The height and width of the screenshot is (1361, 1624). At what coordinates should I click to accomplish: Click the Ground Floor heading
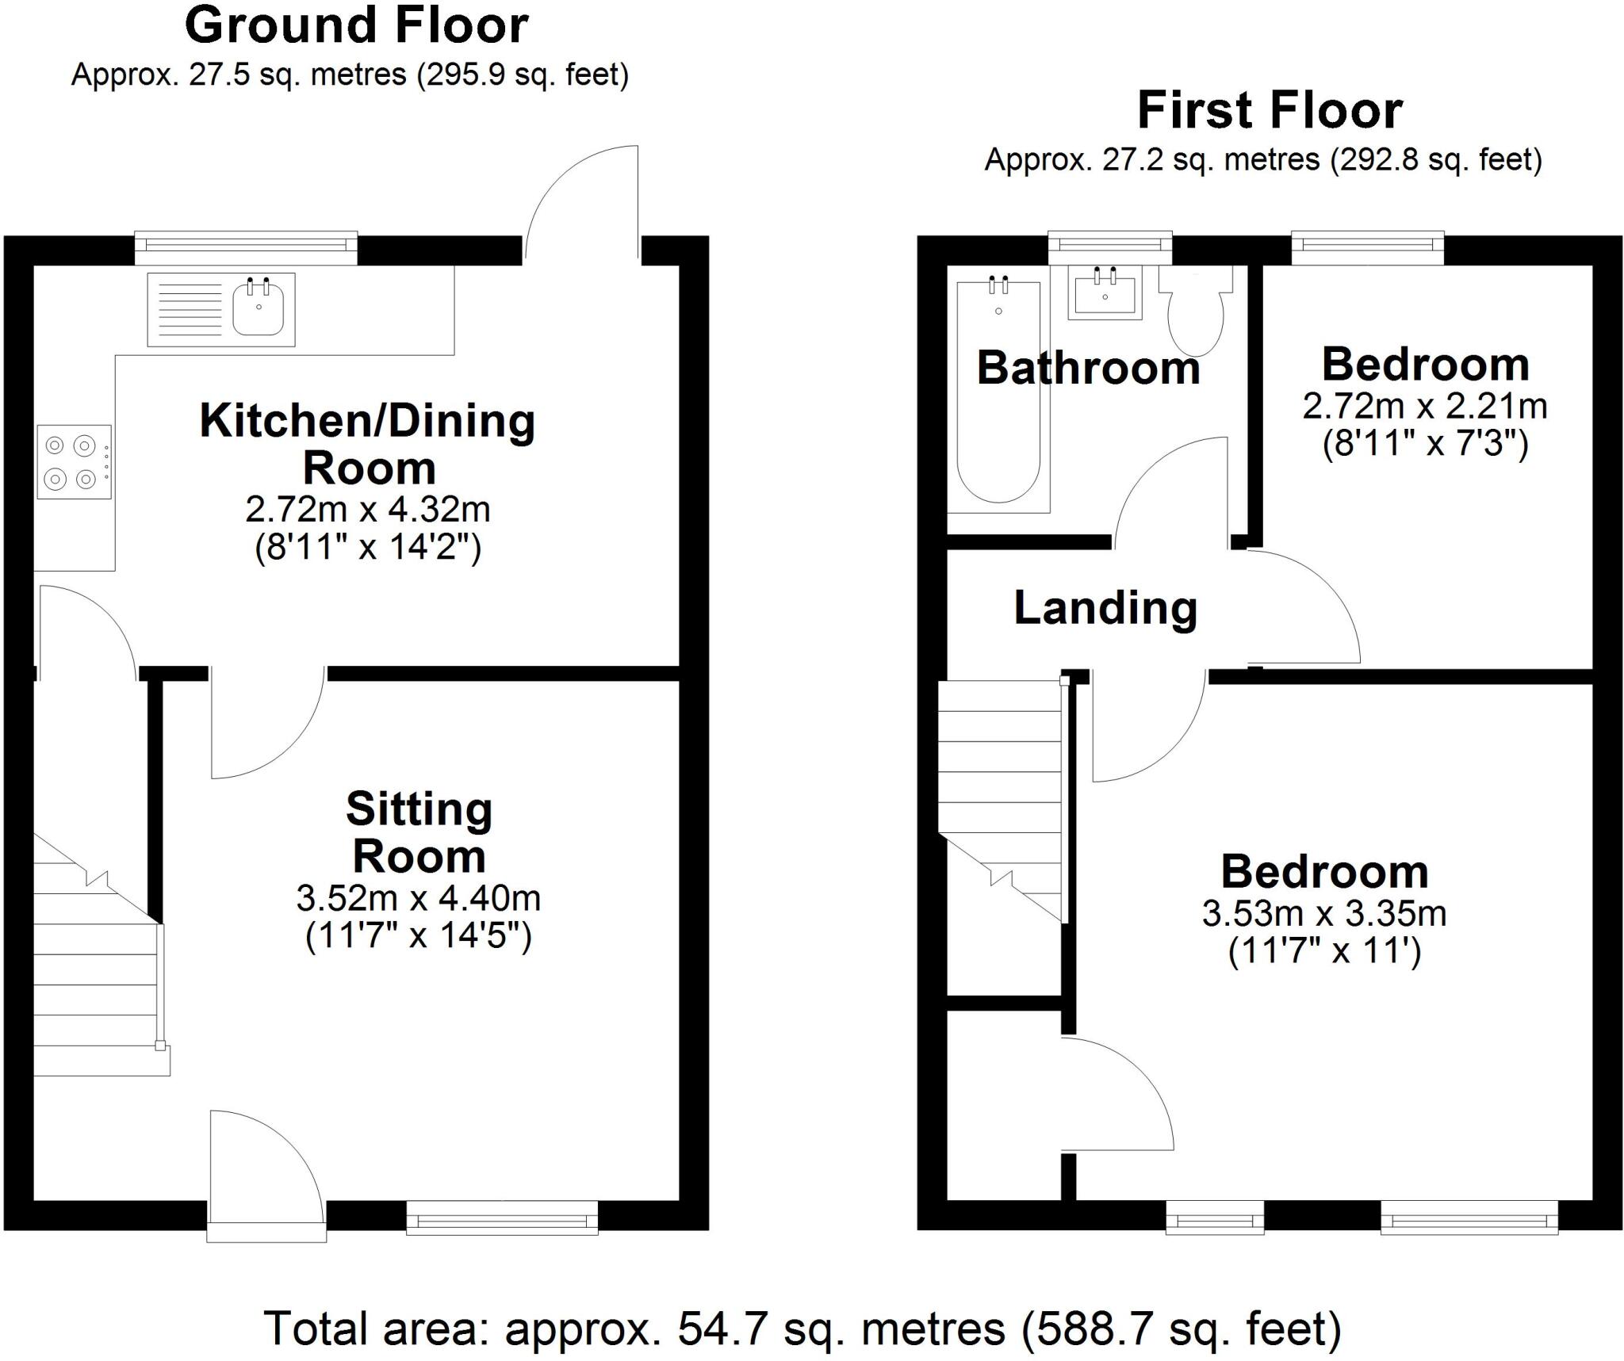(x=357, y=26)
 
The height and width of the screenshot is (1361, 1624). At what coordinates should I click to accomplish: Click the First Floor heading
(x=1270, y=111)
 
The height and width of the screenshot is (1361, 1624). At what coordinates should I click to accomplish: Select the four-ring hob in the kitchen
(x=74, y=462)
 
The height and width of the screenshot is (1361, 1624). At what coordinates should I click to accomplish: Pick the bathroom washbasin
(x=1105, y=292)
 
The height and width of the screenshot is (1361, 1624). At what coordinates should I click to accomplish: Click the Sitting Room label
(x=419, y=832)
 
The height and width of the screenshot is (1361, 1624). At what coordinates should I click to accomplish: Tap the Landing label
(x=1105, y=609)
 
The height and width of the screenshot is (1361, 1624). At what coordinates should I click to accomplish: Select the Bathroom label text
(x=1089, y=368)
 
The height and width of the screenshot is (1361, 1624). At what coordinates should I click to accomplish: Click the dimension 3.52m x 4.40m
(x=419, y=898)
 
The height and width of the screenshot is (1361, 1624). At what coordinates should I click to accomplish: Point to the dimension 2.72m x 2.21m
(x=1425, y=406)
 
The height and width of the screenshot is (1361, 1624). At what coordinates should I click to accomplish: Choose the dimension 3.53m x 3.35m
(x=1324, y=913)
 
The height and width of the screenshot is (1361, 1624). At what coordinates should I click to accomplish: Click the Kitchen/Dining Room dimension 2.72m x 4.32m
(x=368, y=509)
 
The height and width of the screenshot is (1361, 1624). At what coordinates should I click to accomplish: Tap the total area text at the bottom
(x=802, y=1329)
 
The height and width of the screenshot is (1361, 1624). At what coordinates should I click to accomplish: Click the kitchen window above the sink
(x=246, y=248)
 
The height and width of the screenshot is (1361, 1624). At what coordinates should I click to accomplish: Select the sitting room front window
(x=502, y=1218)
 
